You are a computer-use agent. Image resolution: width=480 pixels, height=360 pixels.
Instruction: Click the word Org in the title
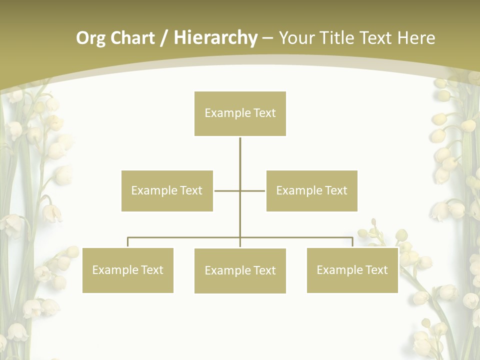pos(90,38)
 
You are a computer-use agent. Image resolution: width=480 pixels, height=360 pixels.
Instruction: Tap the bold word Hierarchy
pos(215,38)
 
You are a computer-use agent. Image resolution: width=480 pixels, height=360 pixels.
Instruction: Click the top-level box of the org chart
pos(240,113)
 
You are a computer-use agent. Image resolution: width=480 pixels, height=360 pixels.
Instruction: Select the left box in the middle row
pos(167,190)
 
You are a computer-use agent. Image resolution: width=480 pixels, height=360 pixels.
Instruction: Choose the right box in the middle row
pos(311,190)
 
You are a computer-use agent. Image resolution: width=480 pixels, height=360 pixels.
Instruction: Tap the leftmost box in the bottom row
pos(127,270)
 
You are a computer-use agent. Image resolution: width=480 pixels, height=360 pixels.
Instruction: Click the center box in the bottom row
pos(240,270)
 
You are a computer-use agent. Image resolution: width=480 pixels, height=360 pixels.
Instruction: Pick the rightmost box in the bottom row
pos(352,270)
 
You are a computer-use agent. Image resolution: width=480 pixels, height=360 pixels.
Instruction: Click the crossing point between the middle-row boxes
pos(240,190)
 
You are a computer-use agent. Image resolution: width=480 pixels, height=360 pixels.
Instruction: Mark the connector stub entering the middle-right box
pos(259,190)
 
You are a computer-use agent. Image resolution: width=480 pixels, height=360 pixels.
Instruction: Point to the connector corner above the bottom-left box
pos(128,238)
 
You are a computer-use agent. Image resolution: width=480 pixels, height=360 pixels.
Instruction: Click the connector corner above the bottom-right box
pos(352,238)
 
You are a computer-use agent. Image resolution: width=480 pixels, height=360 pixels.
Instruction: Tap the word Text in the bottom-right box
pos(376,270)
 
